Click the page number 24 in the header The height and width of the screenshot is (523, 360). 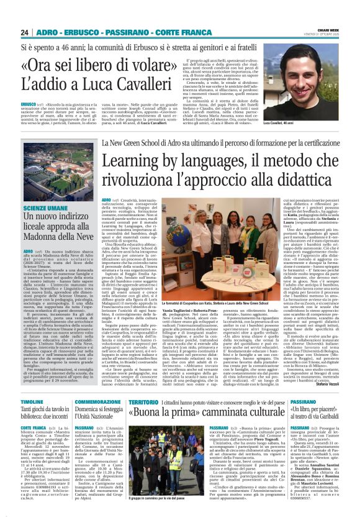24,32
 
